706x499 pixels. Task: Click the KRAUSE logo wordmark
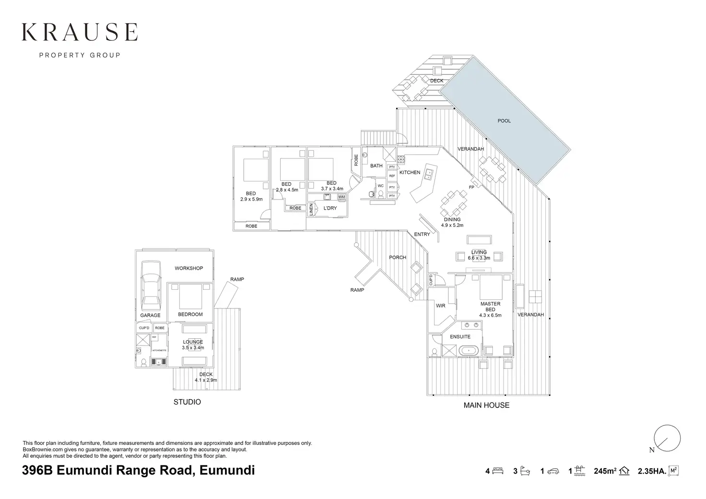pos(80,33)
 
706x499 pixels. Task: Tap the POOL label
pos(504,121)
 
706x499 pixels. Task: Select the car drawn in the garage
pos(150,290)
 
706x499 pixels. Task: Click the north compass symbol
pos(667,439)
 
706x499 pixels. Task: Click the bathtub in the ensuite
pos(469,351)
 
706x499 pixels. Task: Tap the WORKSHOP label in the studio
pos(188,268)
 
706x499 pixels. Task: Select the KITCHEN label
pos(410,172)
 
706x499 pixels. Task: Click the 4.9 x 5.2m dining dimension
pos(452,225)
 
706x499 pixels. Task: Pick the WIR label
pos(441,306)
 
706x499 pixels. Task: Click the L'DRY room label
pos(330,208)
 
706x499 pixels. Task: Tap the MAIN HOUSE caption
pos(486,405)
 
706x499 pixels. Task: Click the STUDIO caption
pos(187,402)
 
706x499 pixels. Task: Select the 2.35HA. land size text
pos(652,471)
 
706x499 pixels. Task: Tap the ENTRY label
pos(422,235)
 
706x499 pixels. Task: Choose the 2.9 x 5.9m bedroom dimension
pos(251,199)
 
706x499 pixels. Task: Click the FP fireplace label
pos(471,187)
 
